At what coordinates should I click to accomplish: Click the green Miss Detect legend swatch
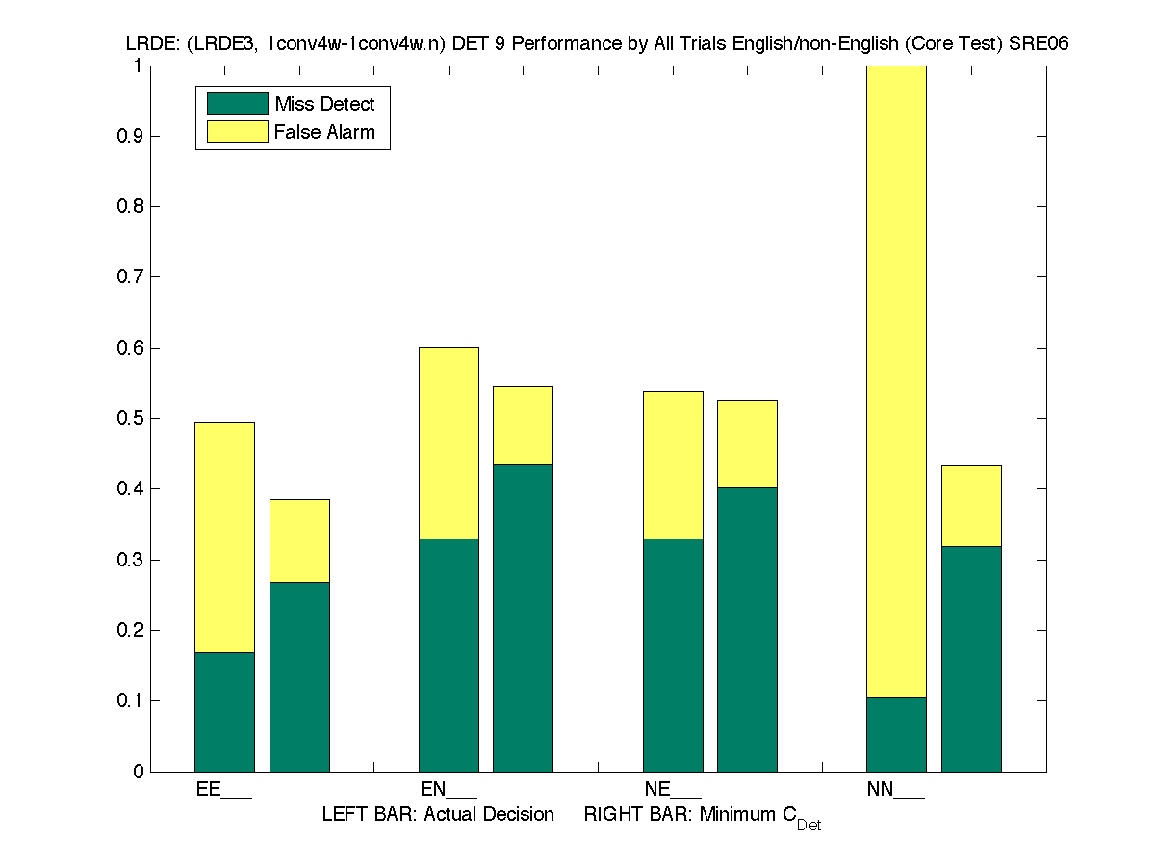(x=237, y=104)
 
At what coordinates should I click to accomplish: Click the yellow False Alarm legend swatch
(x=237, y=132)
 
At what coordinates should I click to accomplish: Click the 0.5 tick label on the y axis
(x=131, y=418)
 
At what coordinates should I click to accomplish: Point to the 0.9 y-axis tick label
(x=131, y=136)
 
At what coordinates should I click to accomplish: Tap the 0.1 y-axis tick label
(x=131, y=700)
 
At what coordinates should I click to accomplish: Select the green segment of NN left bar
(x=896, y=734)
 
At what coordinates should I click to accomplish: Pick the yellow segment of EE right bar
(x=299, y=540)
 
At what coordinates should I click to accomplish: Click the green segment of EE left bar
(x=224, y=712)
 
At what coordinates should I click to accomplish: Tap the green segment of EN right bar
(x=523, y=617)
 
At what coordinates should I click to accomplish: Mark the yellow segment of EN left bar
(x=449, y=442)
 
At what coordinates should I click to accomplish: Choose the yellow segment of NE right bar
(x=747, y=443)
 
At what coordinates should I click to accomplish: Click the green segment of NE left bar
(x=673, y=655)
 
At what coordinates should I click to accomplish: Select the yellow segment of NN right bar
(x=971, y=506)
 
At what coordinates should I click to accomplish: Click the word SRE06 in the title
(x=1040, y=44)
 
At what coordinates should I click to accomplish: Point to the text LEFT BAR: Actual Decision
(x=438, y=815)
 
